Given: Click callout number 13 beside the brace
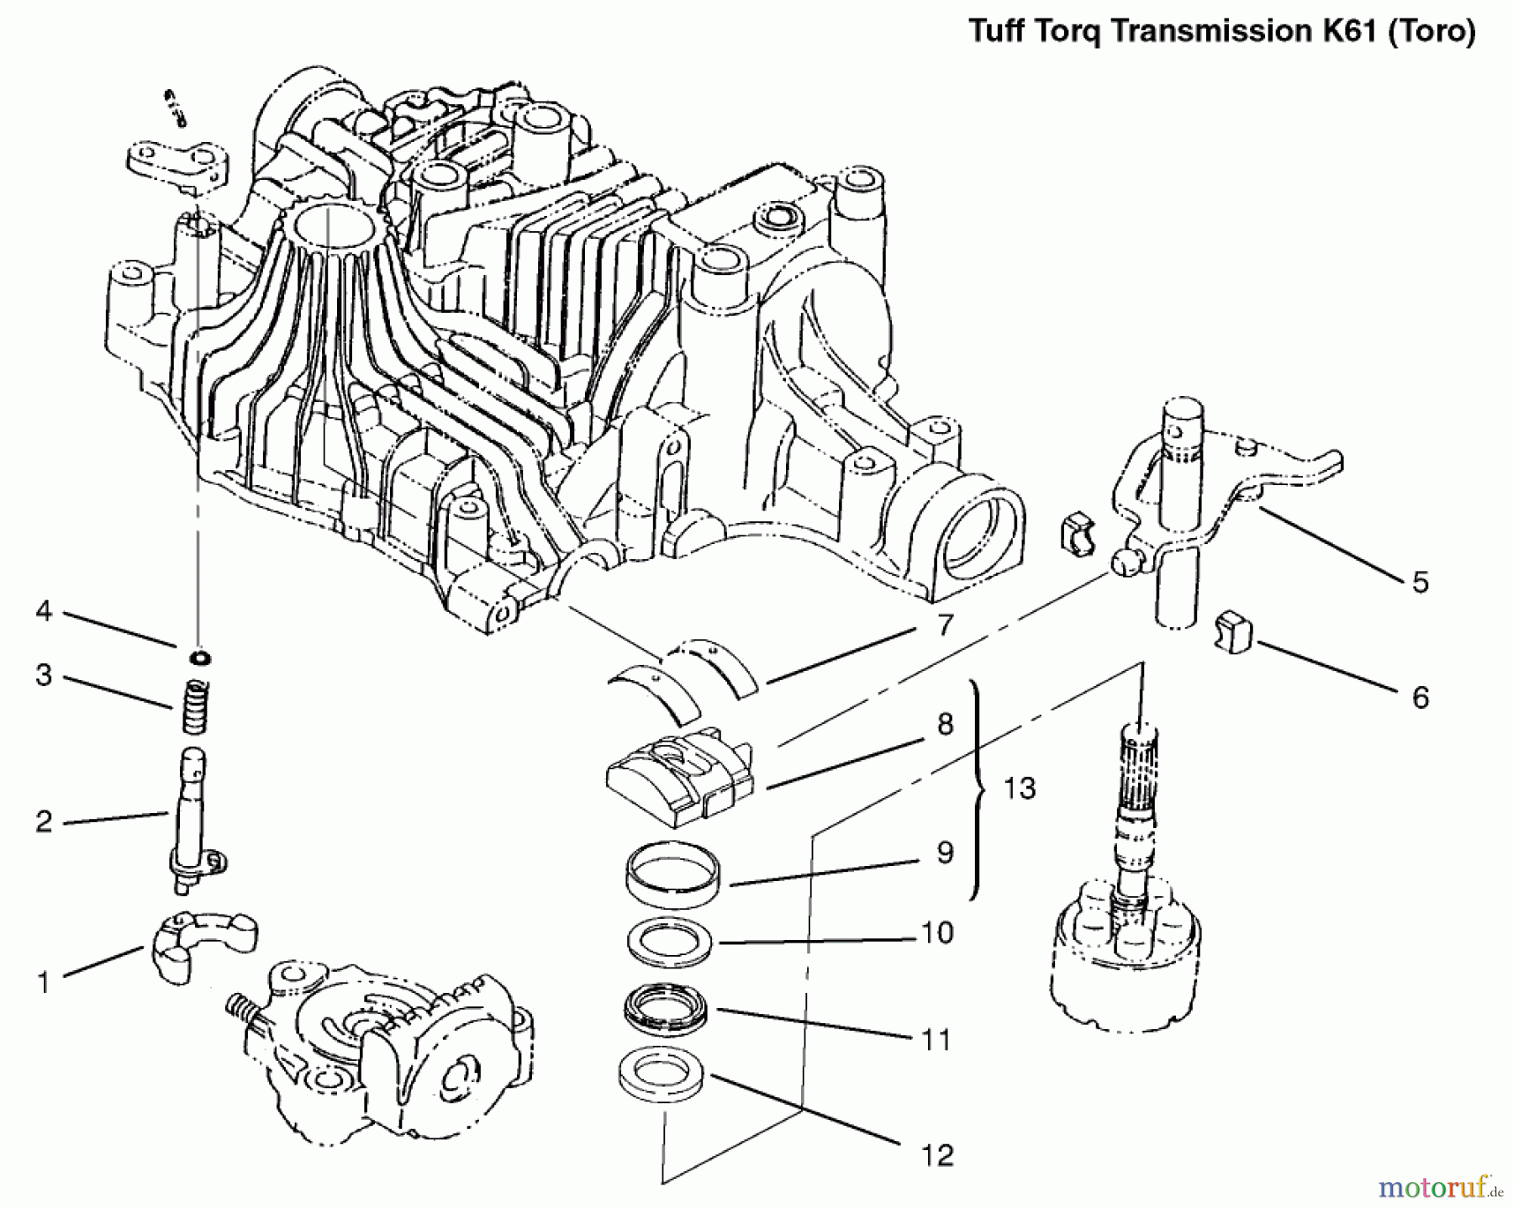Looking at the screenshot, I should tap(1020, 789).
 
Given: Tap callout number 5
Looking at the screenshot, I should tap(1420, 582).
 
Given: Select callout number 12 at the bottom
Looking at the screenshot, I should tap(937, 1155).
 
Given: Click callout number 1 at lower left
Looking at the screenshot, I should tap(44, 981).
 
